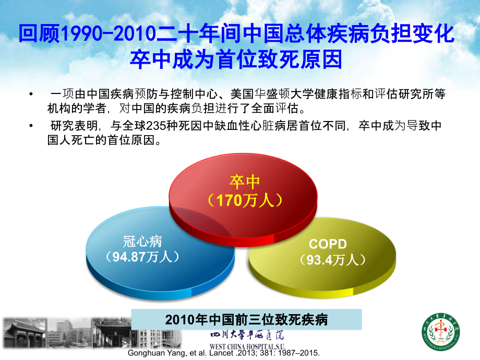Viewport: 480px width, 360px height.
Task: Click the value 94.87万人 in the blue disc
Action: [142, 257]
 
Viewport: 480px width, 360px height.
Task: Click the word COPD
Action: [328, 244]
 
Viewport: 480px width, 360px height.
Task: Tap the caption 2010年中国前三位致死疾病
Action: [246, 319]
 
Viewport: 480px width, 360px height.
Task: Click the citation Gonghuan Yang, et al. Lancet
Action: [178, 353]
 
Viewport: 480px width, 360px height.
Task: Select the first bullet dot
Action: [33, 93]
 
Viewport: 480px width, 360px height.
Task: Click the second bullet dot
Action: [33, 126]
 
